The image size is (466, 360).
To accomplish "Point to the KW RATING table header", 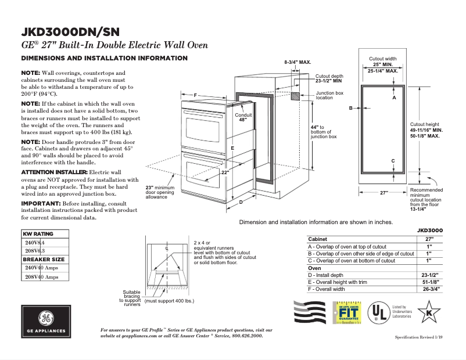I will coord(40,233).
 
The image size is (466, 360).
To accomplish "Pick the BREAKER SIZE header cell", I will coord(44,259).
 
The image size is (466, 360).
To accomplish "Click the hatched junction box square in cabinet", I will coord(295,95).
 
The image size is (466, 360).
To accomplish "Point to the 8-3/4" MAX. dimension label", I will coord(297,62).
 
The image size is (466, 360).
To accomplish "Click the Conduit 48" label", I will coord(243,117).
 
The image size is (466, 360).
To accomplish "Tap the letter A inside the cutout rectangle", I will coord(393,98).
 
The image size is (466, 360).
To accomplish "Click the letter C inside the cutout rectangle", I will coord(393,161).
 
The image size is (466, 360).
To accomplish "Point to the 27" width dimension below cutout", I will coord(383,192).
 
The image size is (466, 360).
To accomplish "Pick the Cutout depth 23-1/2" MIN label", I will coord(329,79).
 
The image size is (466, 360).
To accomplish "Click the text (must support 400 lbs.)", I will coord(169,301).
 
